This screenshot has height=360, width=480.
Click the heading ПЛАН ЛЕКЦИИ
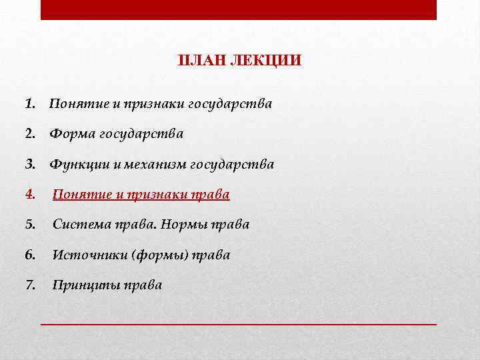(239, 61)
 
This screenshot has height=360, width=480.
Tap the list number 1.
(29, 104)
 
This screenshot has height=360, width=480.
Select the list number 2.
(29, 134)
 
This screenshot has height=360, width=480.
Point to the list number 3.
(29, 164)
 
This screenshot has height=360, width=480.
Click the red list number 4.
(29, 195)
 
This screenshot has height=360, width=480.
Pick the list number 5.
(29, 225)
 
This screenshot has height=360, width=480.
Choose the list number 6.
(29, 255)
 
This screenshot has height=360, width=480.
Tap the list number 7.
(29, 285)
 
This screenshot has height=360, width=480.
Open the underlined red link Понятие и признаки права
(141, 195)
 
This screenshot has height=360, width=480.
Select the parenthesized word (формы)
(161, 255)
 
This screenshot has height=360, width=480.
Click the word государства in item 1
(230, 104)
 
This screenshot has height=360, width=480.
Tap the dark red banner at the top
(238, 9)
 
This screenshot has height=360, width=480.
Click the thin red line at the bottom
(238, 323)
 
